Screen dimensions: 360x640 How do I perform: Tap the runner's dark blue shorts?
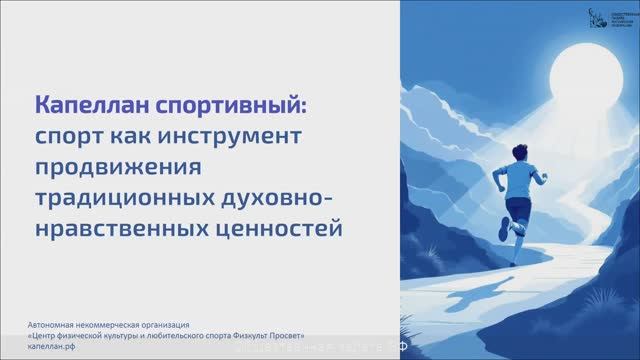coord(519,209)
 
